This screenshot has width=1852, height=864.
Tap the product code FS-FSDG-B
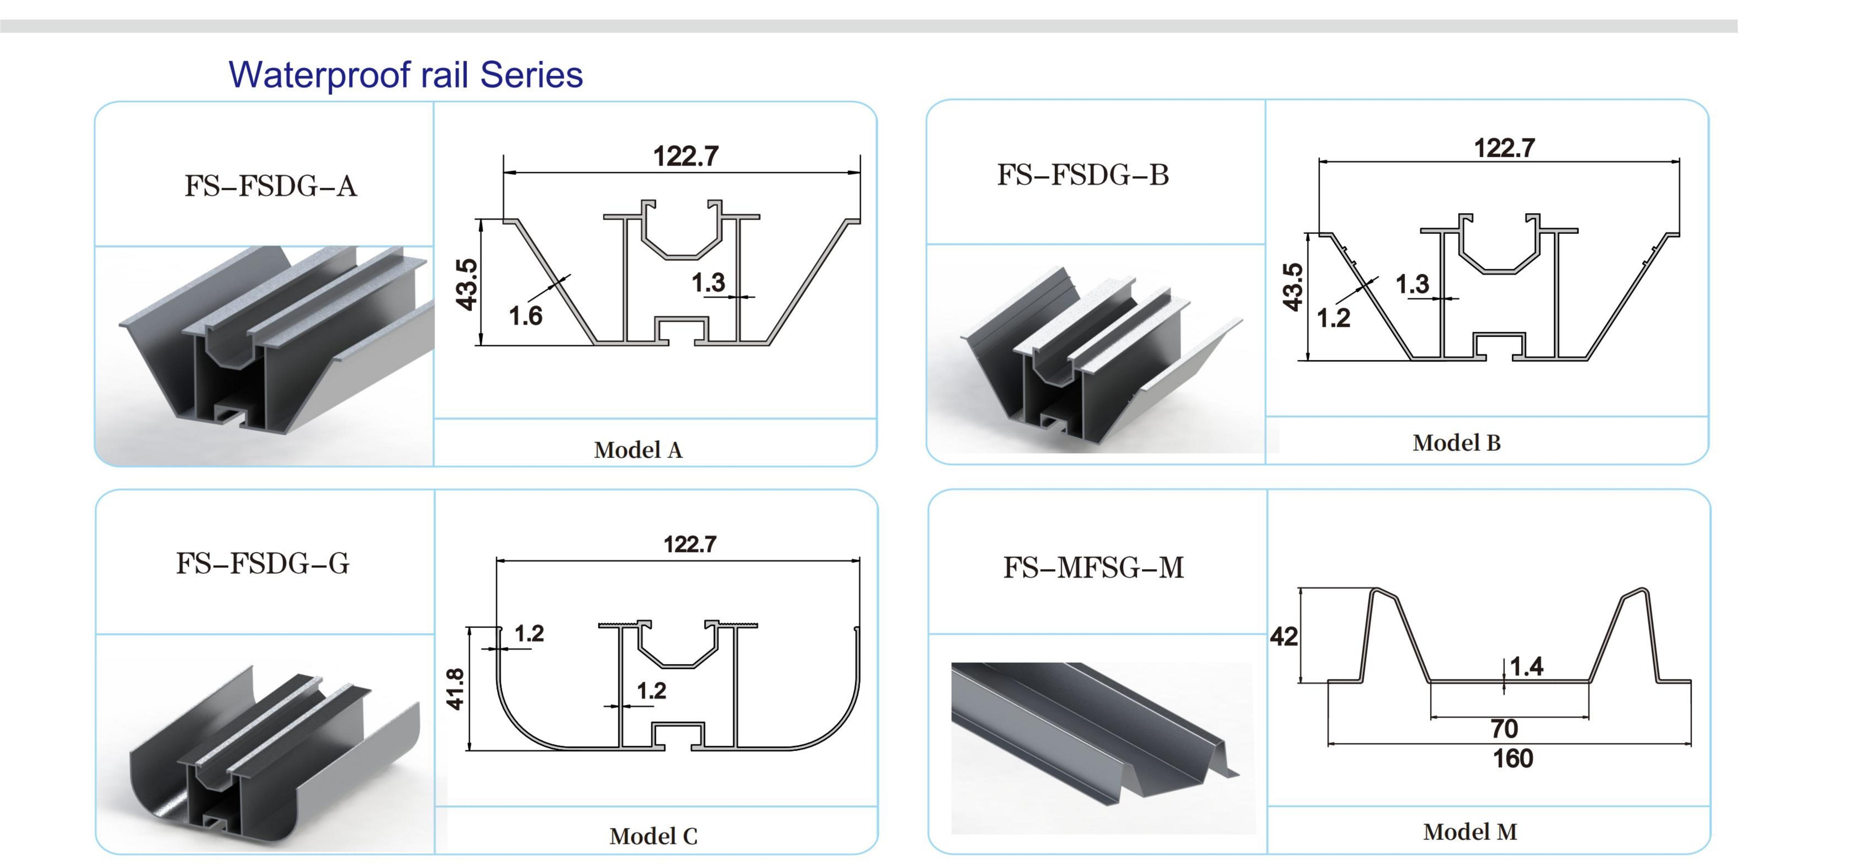tap(1083, 175)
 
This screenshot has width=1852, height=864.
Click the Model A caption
tap(638, 450)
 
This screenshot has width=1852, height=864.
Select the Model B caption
tap(1457, 443)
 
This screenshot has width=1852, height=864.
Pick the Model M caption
tap(1470, 832)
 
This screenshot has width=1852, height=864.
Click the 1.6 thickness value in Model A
tap(526, 316)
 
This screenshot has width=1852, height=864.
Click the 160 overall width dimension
tap(1513, 758)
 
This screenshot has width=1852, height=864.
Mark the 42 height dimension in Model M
tap(1284, 636)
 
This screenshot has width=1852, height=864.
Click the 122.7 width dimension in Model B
tap(1504, 148)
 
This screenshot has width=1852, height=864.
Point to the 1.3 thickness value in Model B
tap(1412, 284)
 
